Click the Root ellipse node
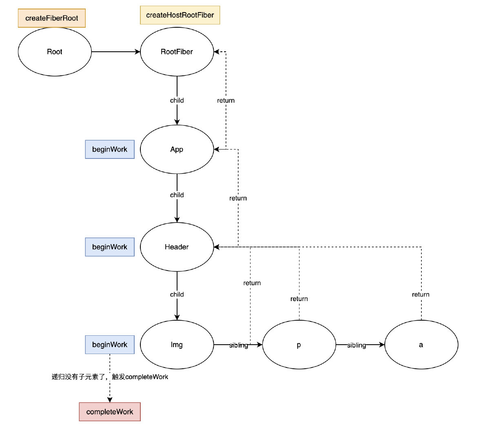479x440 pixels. point(55,52)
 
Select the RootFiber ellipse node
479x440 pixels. point(177,52)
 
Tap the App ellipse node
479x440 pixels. point(177,149)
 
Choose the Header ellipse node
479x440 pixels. point(177,247)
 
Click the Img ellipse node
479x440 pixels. point(177,345)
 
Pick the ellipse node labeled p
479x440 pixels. point(299,345)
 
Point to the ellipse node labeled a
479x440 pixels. point(421,345)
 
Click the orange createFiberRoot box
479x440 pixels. point(52,18)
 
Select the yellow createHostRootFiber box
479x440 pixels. point(180,15)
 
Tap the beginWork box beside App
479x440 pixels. point(110,149)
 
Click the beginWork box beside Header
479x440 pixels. point(110,247)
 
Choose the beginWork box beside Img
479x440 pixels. point(110,345)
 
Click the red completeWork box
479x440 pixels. point(110,412)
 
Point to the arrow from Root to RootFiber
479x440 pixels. point(116,52)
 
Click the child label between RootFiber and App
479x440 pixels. point(177,100)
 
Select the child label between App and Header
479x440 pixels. point(177,195)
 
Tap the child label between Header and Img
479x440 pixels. point(177,294)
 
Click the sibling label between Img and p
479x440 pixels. point(238,345)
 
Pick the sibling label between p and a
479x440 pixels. point(357,345)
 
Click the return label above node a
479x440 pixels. point(421,294)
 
